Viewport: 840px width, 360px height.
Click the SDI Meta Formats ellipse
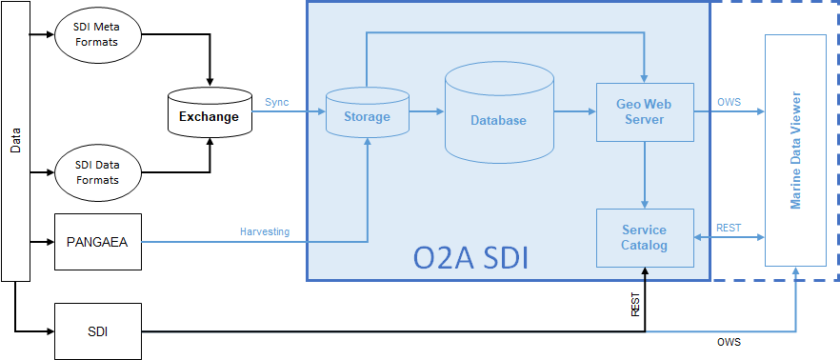coord(100,36)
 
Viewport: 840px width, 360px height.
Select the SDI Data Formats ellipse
coord(100,172)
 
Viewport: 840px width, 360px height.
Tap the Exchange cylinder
coord(210,116)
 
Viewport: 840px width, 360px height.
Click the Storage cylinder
coord(367,116)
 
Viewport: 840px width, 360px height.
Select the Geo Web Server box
coord(645,111)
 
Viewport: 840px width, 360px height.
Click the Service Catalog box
coord(645,237)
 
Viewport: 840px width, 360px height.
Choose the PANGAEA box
coord(98,242)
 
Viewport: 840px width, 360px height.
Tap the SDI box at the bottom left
coord(98,331)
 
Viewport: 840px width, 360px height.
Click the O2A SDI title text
coord(470,258)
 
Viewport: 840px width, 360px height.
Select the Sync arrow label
coord(277,102)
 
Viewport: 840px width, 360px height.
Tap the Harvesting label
coord(265,232)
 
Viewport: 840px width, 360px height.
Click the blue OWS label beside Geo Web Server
coord(729,102)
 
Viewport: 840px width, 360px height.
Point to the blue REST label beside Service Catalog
coord(729,228)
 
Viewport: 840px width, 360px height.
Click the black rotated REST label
coord(635,305)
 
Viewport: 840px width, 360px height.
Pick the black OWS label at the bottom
coord(729,341)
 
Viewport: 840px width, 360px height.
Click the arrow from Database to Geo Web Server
coord(574,111)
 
